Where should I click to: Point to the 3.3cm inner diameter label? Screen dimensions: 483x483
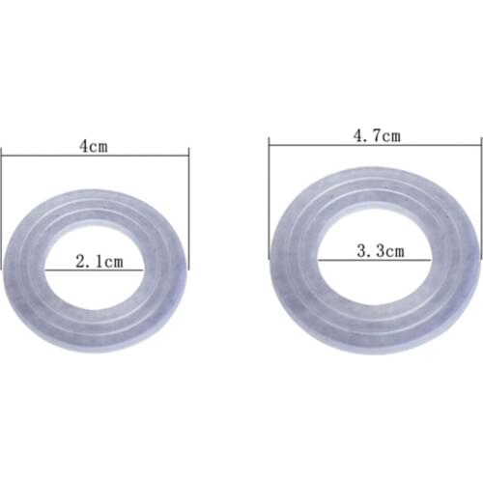point(380,251)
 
